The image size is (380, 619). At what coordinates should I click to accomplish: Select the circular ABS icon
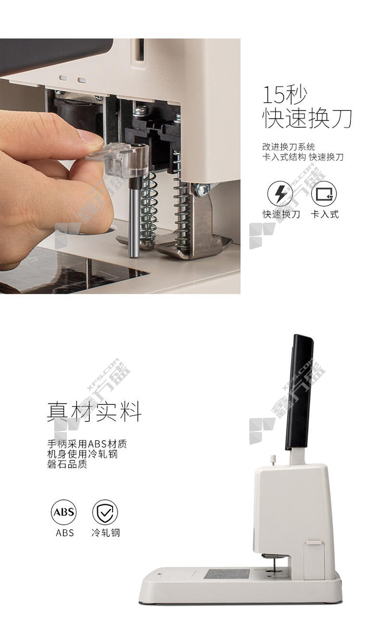(x=63, y=512)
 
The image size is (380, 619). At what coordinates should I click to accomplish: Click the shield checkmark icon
(x=105, y=512)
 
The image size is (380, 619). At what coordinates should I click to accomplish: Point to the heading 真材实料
(x=94, y=412)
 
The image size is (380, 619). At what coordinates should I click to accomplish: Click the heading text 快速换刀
(x=307, y=118)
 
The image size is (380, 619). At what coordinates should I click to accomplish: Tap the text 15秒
(x=285, y=95)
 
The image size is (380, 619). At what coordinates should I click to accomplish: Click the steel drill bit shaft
(x=134, y=219)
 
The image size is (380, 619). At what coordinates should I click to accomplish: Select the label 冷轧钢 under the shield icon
(x=105, y=532)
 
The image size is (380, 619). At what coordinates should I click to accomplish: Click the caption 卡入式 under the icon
(x=324, y=214)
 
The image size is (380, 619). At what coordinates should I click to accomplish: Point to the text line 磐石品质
(x=67, y=464)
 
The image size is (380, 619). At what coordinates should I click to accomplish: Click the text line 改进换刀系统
(x=289, y=147)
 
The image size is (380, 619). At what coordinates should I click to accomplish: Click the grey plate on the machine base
(x=226, y=574)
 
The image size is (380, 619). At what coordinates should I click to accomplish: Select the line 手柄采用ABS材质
(x=87, y=444)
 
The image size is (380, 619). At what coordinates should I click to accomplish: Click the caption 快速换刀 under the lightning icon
(x=281, y=214)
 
